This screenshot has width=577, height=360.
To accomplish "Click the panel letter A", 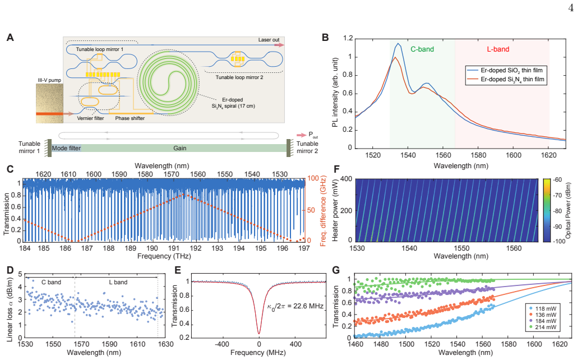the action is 10,38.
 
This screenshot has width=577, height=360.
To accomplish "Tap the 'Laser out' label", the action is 269,40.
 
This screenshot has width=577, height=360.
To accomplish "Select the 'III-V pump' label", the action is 49,80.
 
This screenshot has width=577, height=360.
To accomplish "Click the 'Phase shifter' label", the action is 130,118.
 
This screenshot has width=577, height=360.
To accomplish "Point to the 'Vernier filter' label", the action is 90,118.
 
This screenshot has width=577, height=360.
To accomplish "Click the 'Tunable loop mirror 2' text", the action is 239,77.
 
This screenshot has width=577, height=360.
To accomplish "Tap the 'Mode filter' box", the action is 66,148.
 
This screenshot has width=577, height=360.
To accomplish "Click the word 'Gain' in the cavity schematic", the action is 179,148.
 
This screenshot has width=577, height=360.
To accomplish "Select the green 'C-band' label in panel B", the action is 422,49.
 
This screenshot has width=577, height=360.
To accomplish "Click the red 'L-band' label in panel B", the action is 498,49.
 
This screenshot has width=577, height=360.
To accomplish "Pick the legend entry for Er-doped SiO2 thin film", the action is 505,70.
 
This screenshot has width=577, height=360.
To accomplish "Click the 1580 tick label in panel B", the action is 478,155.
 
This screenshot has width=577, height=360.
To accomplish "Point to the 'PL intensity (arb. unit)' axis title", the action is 335,93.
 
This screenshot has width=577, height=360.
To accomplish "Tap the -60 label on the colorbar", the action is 557,179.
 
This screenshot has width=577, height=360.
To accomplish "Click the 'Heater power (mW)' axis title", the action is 335,210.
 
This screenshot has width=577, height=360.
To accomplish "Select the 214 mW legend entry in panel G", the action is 542,327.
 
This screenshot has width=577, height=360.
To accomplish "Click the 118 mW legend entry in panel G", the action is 542,308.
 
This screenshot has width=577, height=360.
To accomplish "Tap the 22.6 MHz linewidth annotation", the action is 295,306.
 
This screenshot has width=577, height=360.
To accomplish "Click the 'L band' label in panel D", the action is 118,282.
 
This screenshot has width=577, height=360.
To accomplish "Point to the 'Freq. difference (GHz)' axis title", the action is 323,211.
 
